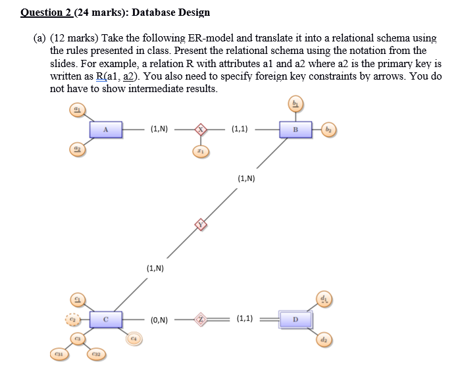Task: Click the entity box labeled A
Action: pos(105,130)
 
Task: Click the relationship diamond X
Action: pos(203,130)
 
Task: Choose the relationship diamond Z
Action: pos(203,320)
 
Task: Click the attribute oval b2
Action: pos(329,130)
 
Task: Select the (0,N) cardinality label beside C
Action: pos(159,320)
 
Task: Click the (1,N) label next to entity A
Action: pos(159,130)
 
